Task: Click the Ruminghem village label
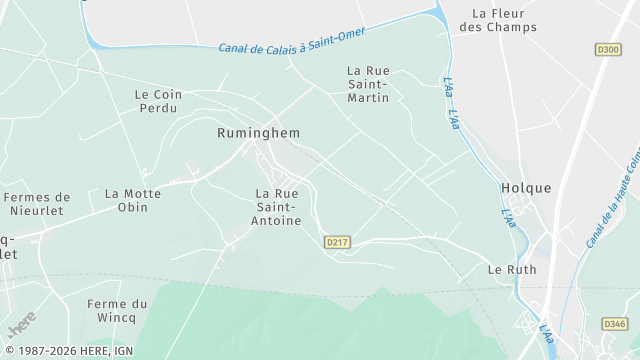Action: point(258,132)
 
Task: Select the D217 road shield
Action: point(337,242)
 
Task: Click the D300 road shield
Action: point(607,48)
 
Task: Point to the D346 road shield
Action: point(614,324)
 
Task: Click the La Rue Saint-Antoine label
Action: point(278,207)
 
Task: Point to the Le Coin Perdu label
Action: point(156,101)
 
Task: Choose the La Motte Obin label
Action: point(126,200)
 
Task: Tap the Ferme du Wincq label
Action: point(117,311)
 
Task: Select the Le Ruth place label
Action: point(512,270)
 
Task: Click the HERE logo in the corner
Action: point(20,323)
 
